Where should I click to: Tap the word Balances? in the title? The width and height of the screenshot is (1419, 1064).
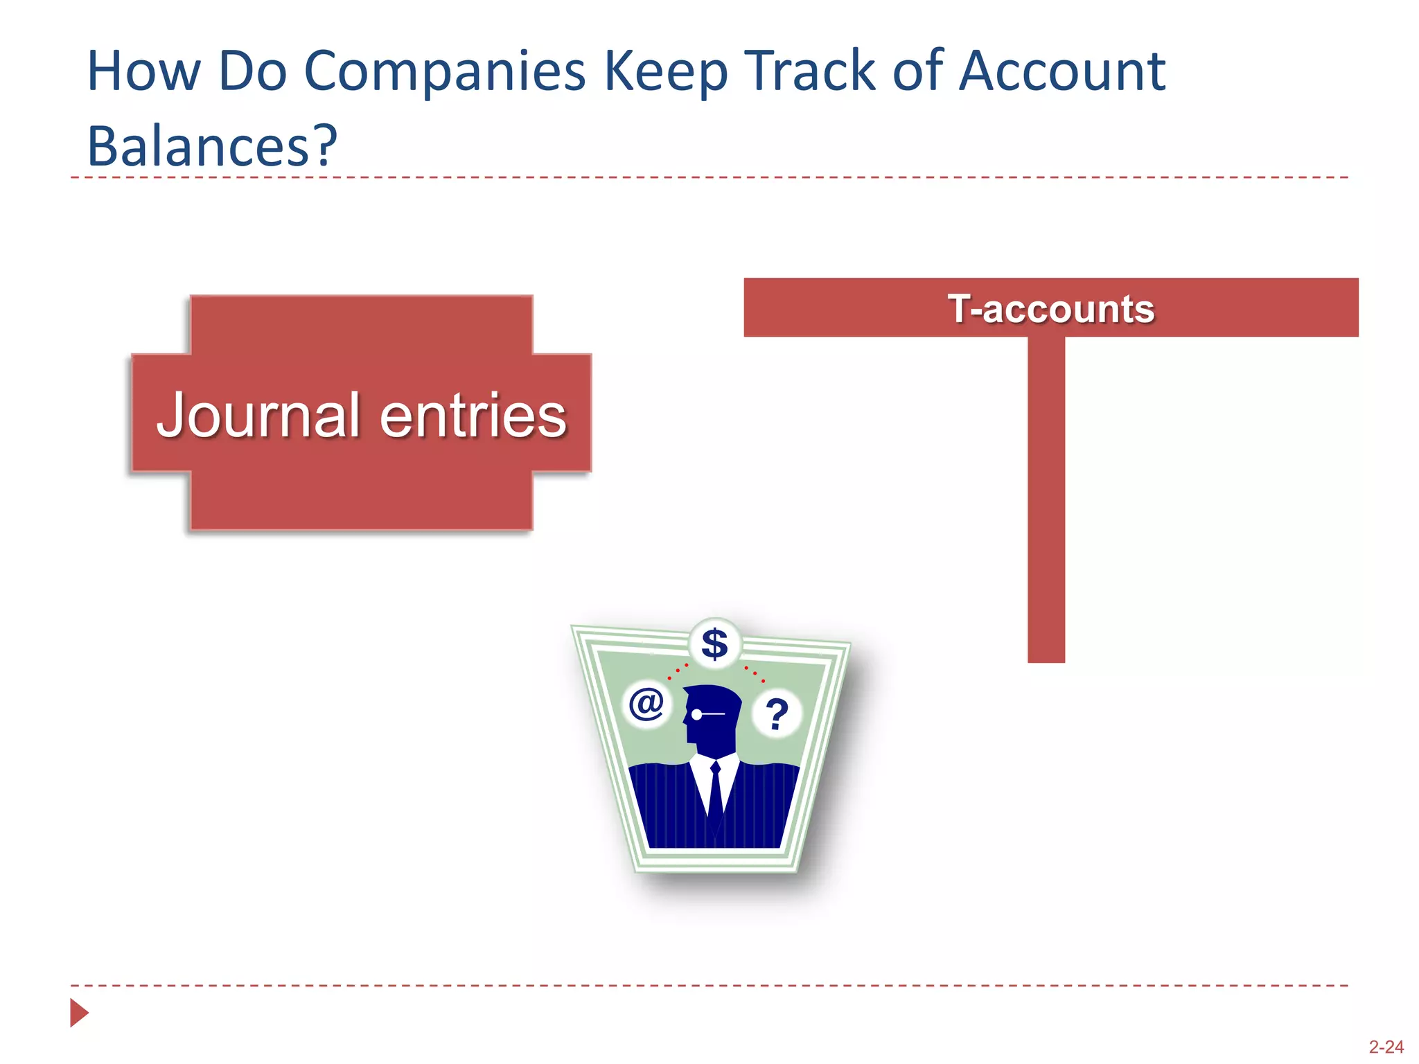(212, 146)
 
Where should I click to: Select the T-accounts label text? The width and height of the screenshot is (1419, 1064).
(1050, 308)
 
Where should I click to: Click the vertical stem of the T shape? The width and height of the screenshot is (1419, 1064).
(1046, 499)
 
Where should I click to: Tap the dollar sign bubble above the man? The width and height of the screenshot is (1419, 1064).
(714, 644)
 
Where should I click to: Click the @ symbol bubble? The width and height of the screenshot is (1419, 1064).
(646, 704)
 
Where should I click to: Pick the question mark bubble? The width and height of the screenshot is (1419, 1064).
(777, 713)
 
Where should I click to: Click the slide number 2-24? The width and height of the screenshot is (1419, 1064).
(1386, 1047)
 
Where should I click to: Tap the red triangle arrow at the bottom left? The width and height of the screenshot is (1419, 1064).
(79, 1013)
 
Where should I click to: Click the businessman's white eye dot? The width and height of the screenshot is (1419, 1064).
(696, 714)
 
